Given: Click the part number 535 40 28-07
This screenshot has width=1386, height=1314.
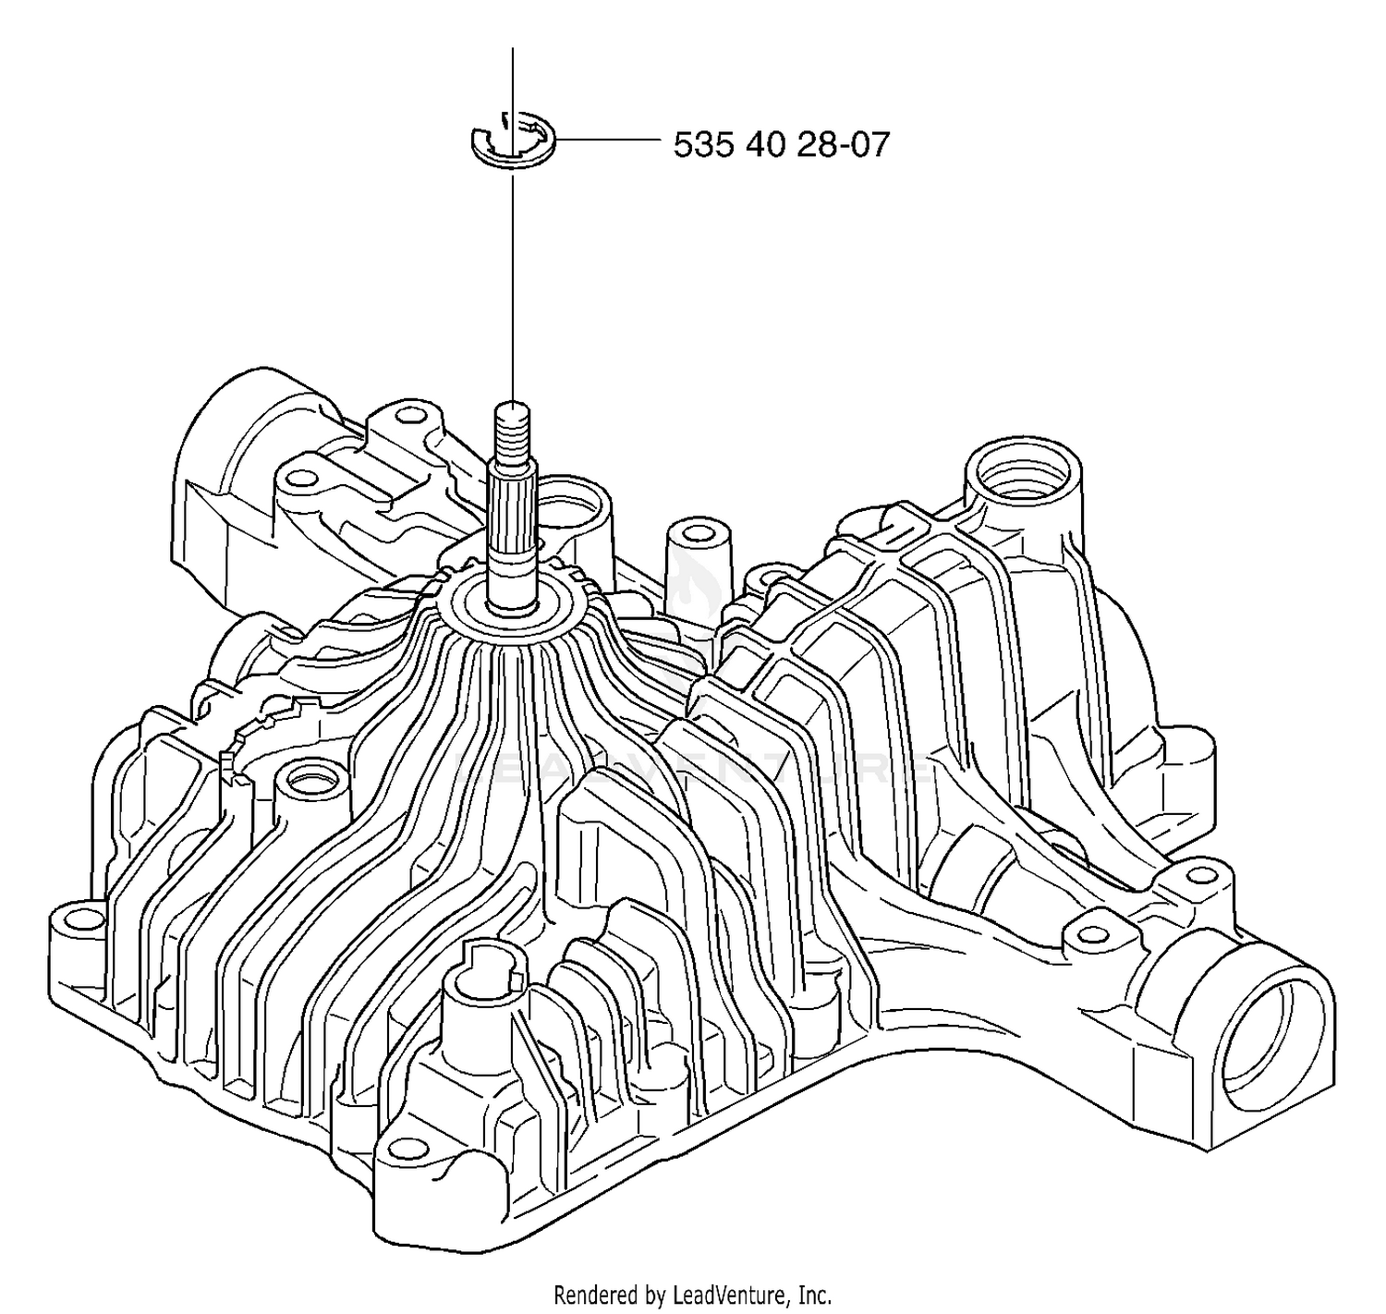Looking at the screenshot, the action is tap(781, 144).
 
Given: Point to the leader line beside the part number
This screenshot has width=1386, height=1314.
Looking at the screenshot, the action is tap(607, 140).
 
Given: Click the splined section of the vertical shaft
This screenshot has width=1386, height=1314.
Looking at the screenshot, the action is tap(513, 505).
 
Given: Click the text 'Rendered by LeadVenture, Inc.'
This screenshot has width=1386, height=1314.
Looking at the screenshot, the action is tap(692, 1295).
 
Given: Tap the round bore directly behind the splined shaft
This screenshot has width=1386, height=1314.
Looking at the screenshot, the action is tap(569, 510).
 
